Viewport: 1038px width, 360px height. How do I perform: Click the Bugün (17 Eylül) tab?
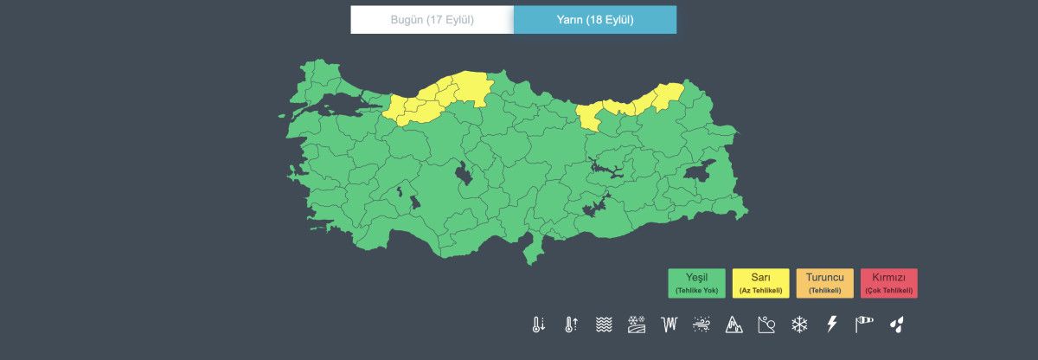point(432,19)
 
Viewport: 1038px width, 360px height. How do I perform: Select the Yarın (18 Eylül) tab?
point(595,19)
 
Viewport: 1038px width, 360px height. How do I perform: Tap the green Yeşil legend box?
point(696,283)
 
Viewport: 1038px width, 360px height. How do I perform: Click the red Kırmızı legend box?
point(888,283)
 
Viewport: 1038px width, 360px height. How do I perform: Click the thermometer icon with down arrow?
point(538,325)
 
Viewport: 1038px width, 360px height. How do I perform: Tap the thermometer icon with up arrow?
point(571,325)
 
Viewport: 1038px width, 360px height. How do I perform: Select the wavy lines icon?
point(604,325)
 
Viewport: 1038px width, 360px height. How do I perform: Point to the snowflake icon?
point(798,325)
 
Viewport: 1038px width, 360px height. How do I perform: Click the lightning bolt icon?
point(832,325)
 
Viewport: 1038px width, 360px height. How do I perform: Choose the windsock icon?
point(864,325)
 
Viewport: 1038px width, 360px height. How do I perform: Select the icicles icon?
point(669,325)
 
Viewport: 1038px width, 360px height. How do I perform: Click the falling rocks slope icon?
point(766,325)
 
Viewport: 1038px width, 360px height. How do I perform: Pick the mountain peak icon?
point(734,325)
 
